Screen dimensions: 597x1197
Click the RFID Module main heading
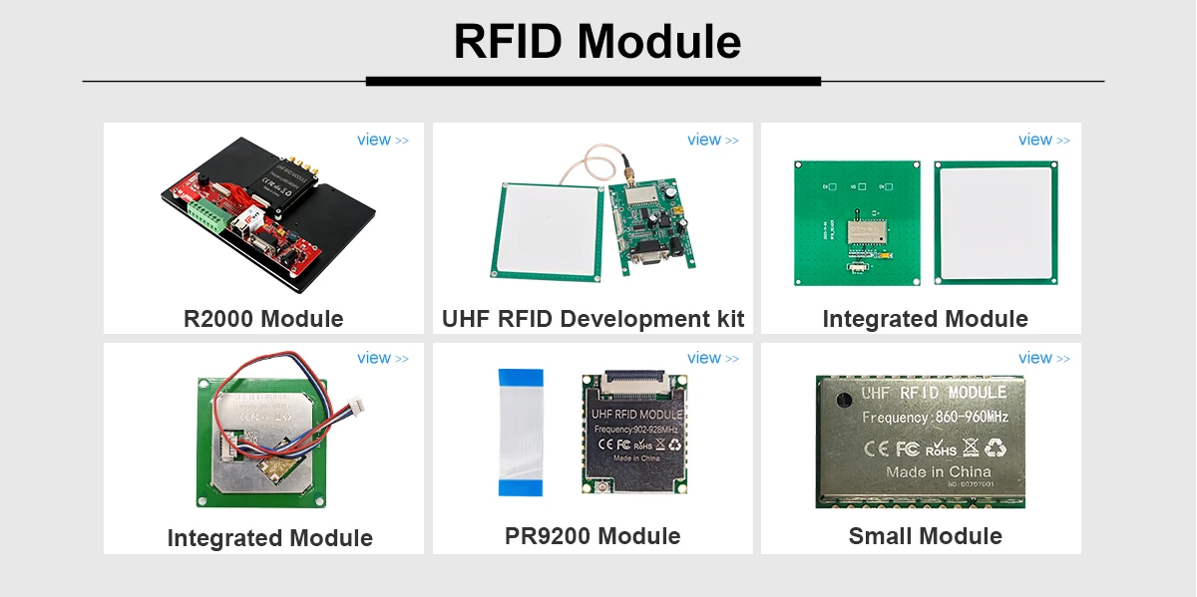point(597,42)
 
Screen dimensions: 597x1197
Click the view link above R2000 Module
point(382,141)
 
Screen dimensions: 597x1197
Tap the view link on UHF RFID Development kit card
point(712,141)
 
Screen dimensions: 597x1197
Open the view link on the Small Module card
point(1042,359)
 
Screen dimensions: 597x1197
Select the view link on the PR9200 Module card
point(712,359)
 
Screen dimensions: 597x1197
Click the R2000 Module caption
point(263,319)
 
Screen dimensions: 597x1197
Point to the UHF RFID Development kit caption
point(593,319)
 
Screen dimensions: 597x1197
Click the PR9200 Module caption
point(593,536)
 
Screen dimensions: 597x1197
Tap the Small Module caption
point(925,536)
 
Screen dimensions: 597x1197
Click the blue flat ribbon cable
point(521,432)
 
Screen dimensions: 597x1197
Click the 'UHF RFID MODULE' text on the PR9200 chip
point(636,414)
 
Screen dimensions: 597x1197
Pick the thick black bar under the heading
point(593,81)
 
